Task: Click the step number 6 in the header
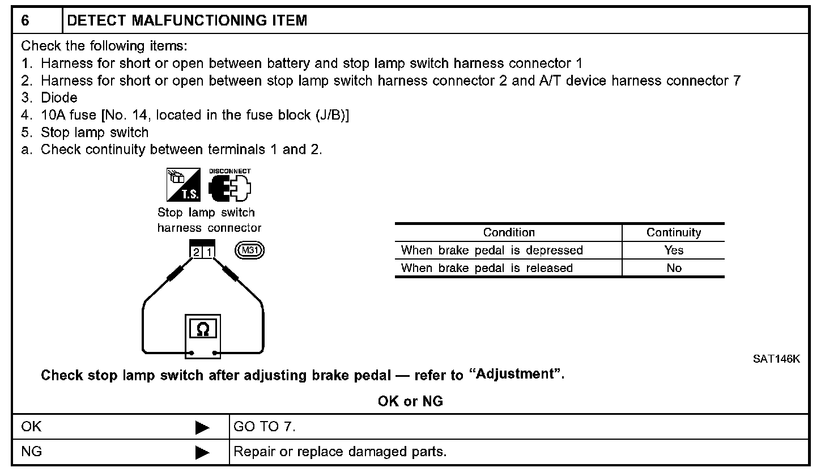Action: tap(25, 21)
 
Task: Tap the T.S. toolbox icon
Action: tap(182, 185)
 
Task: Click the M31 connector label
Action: tap(250, 250)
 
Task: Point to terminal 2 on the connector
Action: tap(196, 252)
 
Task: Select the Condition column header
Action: tap(508, 232)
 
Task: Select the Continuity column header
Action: tap(674, 232)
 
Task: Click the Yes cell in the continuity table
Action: tap(674, 250)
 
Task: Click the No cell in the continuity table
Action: tap(674, 268)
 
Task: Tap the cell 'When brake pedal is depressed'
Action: tap(491, 250)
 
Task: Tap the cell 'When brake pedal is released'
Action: tap(487, 268)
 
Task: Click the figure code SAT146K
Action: tap(776, 359)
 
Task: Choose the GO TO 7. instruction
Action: tap(265, 427)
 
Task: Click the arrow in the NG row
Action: tap(202, 452)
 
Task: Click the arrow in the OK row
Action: tap(202, 428)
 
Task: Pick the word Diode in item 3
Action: tap(59, 97)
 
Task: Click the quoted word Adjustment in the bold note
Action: tap(515, 375)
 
